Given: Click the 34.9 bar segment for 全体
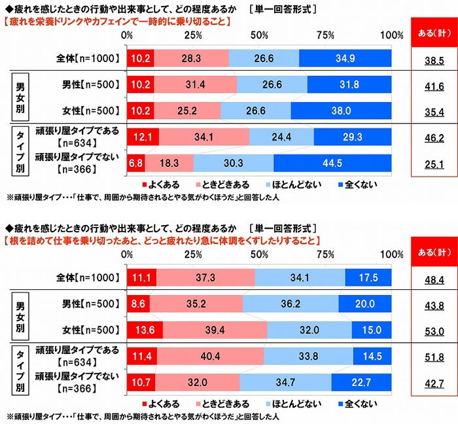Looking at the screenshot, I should pos(345,58).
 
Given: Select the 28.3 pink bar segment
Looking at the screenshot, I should pos(192,58).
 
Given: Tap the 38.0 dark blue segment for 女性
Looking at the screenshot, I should pos(341,111).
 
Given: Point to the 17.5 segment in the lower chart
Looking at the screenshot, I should pos(368,278).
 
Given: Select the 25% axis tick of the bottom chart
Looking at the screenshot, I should pos(192,255).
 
